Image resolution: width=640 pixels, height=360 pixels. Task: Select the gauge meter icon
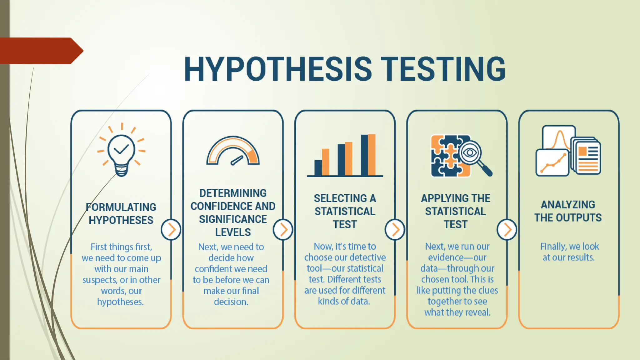233,151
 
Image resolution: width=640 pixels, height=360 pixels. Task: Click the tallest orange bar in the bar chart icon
372,155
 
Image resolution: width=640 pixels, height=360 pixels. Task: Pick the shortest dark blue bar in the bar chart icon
318,168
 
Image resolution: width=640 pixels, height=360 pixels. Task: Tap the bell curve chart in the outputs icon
559,137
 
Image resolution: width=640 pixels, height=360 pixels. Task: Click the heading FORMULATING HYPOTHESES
121,214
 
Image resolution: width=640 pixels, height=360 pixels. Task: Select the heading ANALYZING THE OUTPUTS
568,211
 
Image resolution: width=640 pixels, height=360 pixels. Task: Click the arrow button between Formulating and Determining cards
171,230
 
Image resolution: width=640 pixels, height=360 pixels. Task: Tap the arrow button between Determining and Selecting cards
283,230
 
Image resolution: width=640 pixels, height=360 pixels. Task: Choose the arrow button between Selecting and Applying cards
395,230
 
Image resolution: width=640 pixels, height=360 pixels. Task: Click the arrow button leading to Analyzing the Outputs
507,230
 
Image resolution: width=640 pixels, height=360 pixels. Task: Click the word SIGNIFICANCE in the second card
233,219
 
